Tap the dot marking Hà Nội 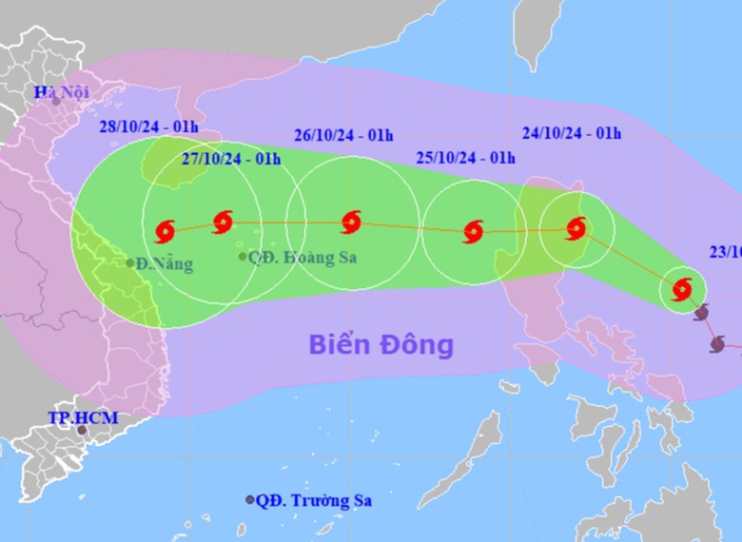[56, 101]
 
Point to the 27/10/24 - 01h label [233, 159]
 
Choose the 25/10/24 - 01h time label [465, 158]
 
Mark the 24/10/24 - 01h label [572, 133]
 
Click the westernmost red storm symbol [164, 230]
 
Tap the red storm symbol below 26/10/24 [351, 223]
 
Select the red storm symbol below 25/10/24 [473, 231]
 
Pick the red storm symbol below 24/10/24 [576, 228]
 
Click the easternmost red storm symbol [681, 289]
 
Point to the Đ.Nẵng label [164, 264]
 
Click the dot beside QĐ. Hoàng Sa [243, 257]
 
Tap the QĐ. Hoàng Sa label [303, 257]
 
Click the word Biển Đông [381, 344]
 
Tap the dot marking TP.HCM [83, 431]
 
